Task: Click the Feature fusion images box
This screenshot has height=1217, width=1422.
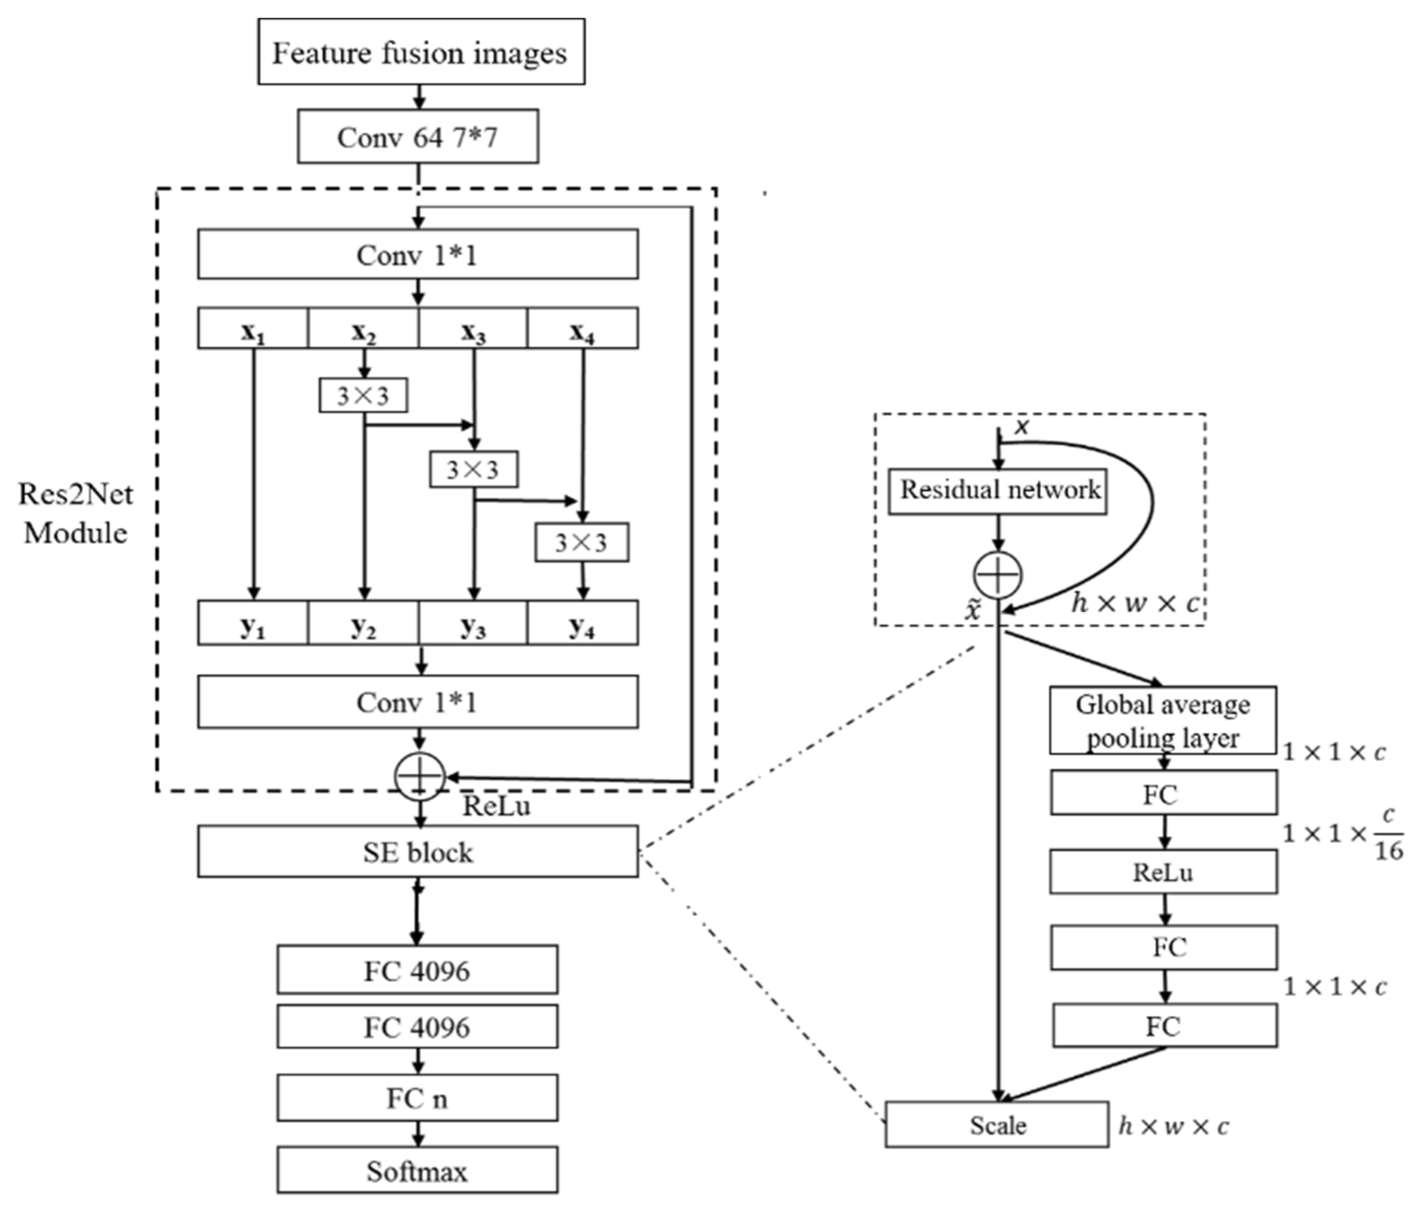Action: pos(421,52)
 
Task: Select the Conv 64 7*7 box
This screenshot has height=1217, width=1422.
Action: pos(417,137)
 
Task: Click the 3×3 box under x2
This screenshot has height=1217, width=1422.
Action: pos(363,395)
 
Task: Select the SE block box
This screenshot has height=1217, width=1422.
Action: pos(417,852)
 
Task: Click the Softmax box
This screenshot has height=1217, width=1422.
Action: pos(417,1171)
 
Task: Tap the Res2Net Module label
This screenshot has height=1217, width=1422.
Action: pos(76,513)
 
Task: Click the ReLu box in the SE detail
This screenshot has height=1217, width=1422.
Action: pos(1163,872)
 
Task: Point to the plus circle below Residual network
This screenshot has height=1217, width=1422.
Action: pos(997,575)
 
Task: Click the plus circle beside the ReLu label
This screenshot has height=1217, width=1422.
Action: pos(420,776)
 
